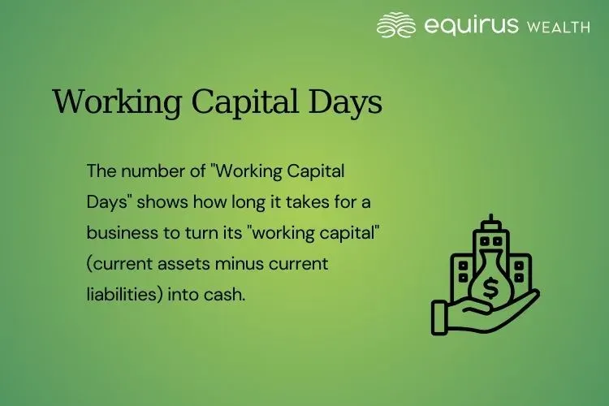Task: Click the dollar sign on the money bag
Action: pyautogui.click(x=490, y=287)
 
